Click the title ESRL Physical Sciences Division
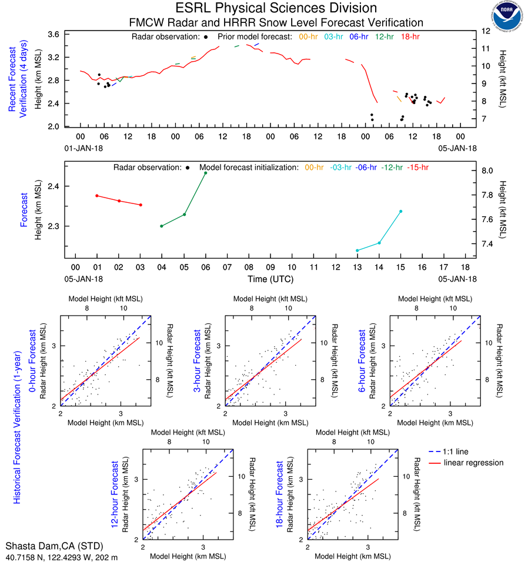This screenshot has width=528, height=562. tap(276, 8)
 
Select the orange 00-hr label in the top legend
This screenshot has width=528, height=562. tap(309, 37)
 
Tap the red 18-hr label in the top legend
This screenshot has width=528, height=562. tap(410, 37)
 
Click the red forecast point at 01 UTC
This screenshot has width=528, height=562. tap(97, 195)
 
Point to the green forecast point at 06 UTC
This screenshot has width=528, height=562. tap(206, 173)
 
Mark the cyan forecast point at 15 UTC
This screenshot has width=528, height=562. tap(401, 211)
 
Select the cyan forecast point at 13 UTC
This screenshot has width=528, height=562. tap(357, 250)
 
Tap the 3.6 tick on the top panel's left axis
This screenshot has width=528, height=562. tap(53, 34)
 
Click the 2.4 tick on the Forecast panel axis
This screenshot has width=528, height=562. tap(52, 186)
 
